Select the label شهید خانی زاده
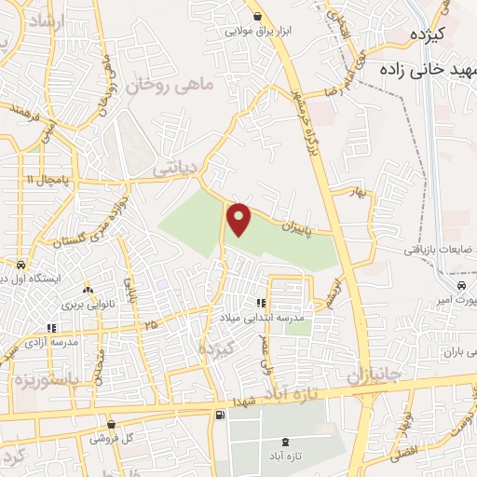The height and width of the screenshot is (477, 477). coord(425,70)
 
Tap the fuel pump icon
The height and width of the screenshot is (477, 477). coord(219,415)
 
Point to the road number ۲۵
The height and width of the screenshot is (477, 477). coord(150,325)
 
